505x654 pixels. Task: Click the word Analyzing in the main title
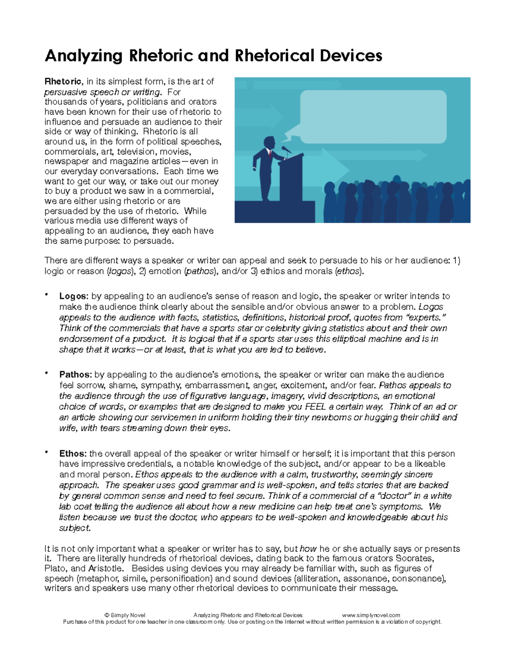pyautogui.click(x=84, y=56)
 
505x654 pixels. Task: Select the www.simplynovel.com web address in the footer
pyautogui.click(x=371, y=615)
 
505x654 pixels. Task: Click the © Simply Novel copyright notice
pyautogui.click(x=125, y=615)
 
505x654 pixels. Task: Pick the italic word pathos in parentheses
pyautogui.click(x=200, y=272)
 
